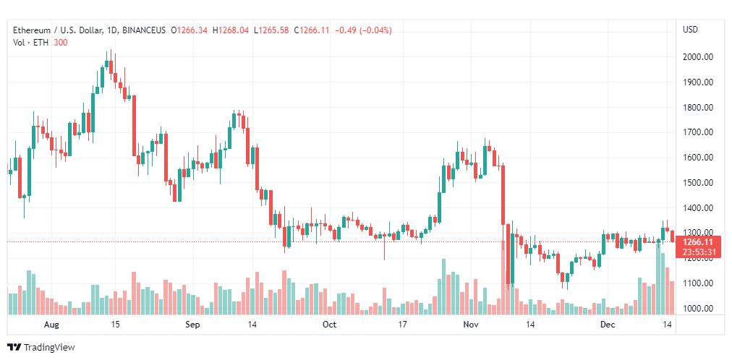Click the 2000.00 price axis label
click(x=699, y=57)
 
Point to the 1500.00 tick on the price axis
click(x=699, y=183)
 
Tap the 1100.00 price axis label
click(x=699, y=283)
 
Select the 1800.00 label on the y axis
click(x=699, y=108)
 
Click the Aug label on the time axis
click(x=51, y=325)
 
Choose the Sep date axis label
click(x=192, y=325)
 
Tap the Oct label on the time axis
click(x=329, y=325)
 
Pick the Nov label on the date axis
click(x=471, y=325)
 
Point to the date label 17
click(x=403, y=325)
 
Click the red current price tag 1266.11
click(x=698, y=241)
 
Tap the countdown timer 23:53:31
click(x=698, y=252)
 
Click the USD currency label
click(x=690, y=30)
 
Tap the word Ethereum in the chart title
click(x=32, y=30)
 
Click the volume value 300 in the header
click(x=60, y=42)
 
